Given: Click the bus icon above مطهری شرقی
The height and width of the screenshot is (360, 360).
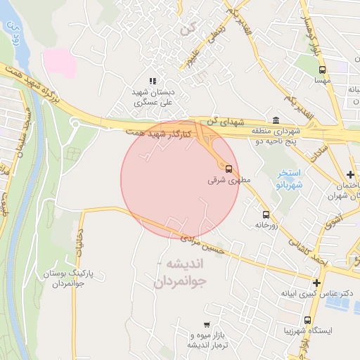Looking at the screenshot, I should [229, 167].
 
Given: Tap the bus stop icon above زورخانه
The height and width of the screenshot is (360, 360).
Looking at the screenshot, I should [266, 214].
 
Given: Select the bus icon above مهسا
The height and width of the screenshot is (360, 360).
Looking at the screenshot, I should [322, 70].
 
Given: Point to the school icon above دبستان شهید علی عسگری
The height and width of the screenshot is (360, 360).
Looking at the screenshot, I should [153, 82].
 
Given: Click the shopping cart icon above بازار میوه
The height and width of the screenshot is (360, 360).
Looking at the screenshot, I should [206, 325].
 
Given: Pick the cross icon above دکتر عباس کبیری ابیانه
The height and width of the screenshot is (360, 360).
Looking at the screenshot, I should [316, 283].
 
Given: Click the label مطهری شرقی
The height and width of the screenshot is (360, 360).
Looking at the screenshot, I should [224, 180].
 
